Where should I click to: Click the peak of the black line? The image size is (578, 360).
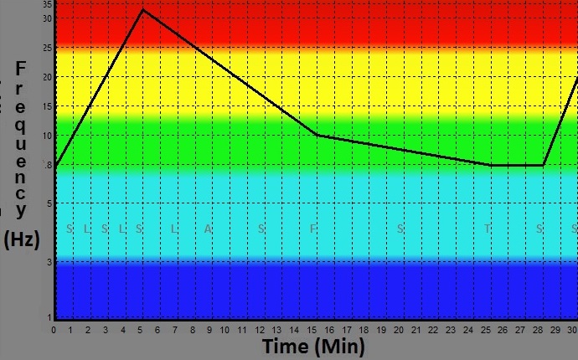(142, 10)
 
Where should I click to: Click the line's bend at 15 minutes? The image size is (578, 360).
(317, 135)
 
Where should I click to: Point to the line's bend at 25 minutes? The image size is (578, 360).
(491, 165)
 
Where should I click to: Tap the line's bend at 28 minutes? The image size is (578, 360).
(543, 165)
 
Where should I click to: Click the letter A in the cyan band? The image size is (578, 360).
(209, 229)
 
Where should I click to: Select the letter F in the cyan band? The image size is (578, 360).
(313, 229)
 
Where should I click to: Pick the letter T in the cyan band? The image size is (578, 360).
(487, 229)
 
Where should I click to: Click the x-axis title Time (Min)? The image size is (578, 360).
(313, 347)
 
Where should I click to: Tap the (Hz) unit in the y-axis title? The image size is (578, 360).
(22, 239)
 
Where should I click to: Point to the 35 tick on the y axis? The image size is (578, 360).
(47, 4)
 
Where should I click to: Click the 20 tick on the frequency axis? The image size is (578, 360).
(47, 77)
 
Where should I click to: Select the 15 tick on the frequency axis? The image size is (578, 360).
(47, 107)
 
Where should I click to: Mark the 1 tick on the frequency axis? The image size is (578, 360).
(49, 316)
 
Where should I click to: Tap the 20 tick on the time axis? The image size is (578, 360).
(400, 330)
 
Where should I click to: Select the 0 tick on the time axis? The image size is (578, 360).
(54, 330)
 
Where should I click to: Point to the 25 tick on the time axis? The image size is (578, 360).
(486, 330)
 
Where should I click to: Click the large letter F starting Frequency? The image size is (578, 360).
(22, 69)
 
